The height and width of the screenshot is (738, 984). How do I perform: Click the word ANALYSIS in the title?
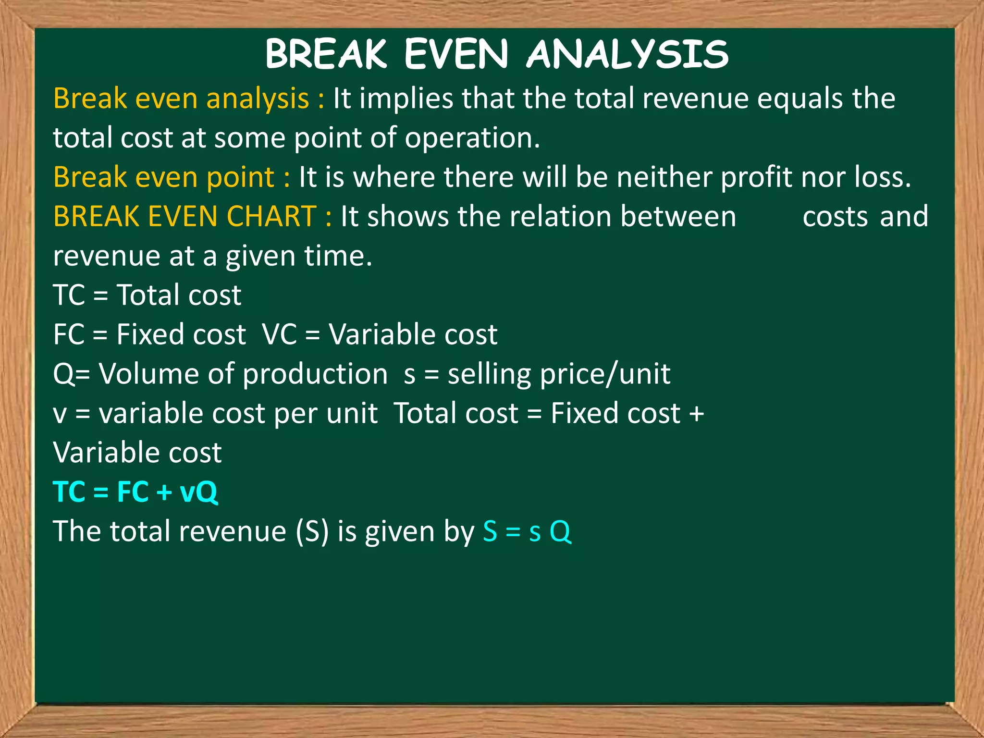627,54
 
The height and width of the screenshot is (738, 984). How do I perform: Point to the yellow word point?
240,178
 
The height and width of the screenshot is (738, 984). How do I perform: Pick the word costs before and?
835,217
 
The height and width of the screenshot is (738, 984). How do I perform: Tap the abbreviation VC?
280,334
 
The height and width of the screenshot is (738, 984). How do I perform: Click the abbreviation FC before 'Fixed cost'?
69,334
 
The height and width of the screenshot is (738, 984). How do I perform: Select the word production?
315,374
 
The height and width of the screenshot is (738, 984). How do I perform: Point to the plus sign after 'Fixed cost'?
696,414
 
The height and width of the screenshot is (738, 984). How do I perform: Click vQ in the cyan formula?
198,492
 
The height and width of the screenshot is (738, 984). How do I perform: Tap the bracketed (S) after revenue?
312,532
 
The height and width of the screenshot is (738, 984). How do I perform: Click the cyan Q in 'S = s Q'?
560,532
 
